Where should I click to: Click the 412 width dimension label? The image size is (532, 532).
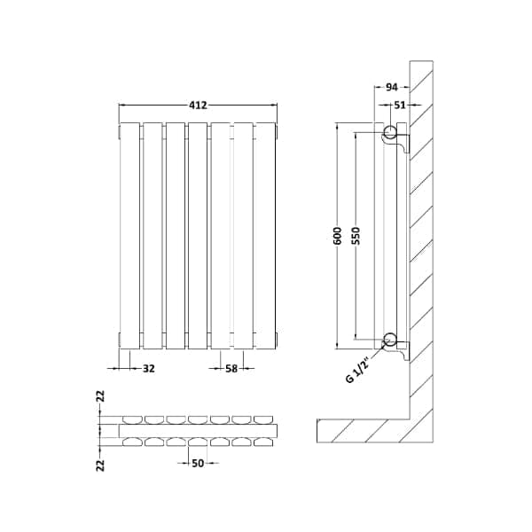tap(198, 105)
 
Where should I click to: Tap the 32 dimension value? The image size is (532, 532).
tap(148, 369)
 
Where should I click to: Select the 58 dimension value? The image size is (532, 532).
tap(231, 369)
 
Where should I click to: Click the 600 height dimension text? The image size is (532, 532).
tap(338, 235)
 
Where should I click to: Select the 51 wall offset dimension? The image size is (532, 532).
tap(401, 105)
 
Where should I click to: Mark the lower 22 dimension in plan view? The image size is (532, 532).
tap(101, 462)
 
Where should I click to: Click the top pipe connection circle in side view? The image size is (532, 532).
tap(390, 134)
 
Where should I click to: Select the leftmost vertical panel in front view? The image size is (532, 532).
tap(129, 235)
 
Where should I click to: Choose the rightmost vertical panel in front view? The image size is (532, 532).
tap(265, 235)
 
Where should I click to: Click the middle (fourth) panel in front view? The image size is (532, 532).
tap(198, 235)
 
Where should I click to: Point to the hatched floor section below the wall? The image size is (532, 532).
tap(364, 431)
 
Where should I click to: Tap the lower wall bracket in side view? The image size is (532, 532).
tap(403, 349)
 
